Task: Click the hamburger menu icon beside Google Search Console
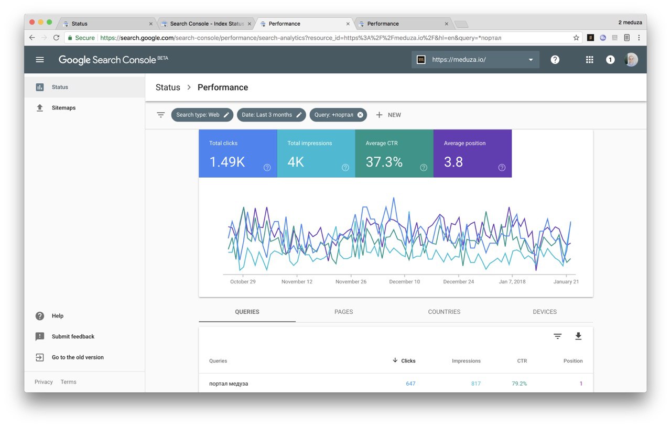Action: [39, 60]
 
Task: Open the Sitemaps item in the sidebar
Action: [63, 108]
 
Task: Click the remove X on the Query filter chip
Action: [360, 115]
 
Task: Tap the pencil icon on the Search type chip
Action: [226, 115]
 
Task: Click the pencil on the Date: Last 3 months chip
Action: [299, 115]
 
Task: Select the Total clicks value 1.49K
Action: [227, 162]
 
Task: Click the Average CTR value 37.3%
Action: [384, 162]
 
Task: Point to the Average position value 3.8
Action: [453, 162]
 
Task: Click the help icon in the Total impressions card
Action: [345, 168]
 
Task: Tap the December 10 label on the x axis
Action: [404, 282]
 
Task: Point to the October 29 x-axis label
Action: [243, 282]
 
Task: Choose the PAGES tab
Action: [343, 312]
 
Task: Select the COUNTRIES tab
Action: [444, 312]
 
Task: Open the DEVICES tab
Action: [545, 312]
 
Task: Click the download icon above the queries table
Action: [578, 336]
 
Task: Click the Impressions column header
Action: [466, 361]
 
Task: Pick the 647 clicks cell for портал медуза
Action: [410, 384]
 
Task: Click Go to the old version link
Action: [78, 357]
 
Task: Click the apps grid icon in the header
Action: [589, 60]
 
